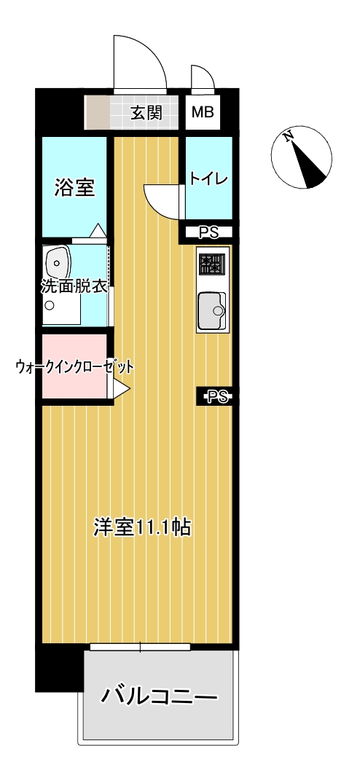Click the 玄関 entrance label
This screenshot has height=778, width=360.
[x=146, y=113]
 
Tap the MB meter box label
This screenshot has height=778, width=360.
[x=203, y=113]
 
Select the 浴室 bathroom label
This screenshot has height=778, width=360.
[x=74, y=188]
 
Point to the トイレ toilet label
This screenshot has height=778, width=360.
[x=208, y=178]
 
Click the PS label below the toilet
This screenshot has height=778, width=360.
[x=208, y=232]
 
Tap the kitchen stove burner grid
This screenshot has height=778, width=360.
[x=211, y=264]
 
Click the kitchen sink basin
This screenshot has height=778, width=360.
[x=212, y=311]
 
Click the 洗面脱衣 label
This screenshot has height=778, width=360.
[x=74, y=287]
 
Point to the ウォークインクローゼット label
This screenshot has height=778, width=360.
[x=74, y=367]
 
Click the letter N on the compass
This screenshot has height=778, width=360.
[x=288, y=137]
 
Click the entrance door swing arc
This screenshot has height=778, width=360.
[x=149, y=50]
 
